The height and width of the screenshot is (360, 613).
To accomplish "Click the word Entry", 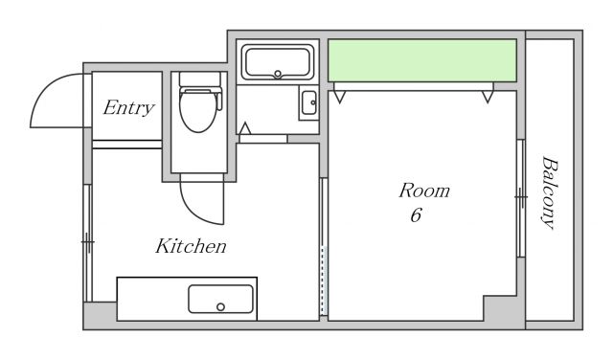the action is pyautogui.click(x=128, y=108).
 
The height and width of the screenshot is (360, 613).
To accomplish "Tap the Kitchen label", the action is pyautogui.click(x=191, y=246).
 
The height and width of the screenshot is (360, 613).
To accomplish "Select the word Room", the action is pyautogui.click(x=424, y=191).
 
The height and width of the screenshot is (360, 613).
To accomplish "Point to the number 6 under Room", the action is pyautogui.click(x=416, y=215).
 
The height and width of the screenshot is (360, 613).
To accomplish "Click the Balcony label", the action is pyautogui.click(x=549, y=192).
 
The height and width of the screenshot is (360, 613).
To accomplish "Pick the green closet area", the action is pyautogui.click(x=422, y=60).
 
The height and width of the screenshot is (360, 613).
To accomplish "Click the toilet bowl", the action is pyautogui.click(x=198, y=110).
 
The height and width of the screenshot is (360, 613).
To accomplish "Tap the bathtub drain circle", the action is pyautogui.click(x=278, y=74).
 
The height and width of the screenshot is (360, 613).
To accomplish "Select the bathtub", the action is pyautogui.click(x=278, y=62).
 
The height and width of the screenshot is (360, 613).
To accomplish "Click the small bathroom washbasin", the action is pyautogui.click(x=308, y=102).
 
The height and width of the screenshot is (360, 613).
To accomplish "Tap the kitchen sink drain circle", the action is pyautogui.click(x=220, y=306).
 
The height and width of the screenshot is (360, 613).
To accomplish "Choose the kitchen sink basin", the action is pyautogui.click(x=220, y=299).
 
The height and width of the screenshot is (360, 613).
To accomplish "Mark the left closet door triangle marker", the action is pyautogui.click(x=340, y=97).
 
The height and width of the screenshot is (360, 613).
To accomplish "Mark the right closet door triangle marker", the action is pyautogui.click(x=488, y=97).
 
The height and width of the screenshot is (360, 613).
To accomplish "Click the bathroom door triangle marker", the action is pyautogui.click(x=245, y=128).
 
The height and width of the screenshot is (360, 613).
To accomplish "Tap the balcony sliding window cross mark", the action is pyautogui.click(x=521, y=196).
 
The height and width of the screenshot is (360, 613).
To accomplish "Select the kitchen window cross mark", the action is pyautogui.click(x=88, y=242).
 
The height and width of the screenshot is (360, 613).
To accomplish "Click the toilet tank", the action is pyautogui.click(x=200, y=79).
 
